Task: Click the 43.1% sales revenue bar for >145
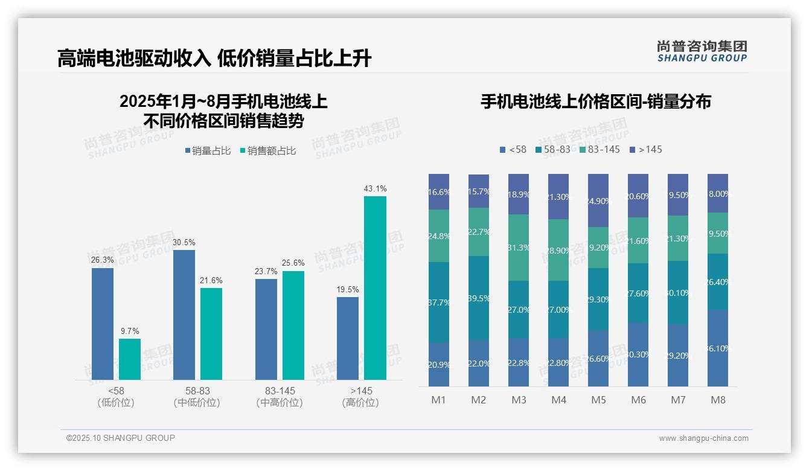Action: point(375,287)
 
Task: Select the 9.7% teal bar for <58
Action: point(129,359)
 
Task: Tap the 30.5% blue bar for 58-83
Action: point(184,315)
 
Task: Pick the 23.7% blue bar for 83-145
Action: point(266,329)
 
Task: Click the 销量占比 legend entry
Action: point(208,151)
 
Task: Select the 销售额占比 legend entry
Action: point(267,151)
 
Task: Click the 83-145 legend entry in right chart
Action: point(600,149)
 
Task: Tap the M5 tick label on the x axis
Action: point(598,400)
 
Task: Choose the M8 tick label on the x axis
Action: point(718,400)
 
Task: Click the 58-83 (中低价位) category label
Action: point(197,397)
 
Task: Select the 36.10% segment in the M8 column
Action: point(718,348)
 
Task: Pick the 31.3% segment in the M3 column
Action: point(519,247)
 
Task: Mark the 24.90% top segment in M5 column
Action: point(598,200)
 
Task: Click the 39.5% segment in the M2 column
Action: point(479,298)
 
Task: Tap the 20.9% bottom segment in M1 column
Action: point(439,364)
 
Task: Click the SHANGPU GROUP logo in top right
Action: point(702,51)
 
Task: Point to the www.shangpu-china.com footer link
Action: point(703,438)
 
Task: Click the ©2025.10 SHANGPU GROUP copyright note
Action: point(121,438)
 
